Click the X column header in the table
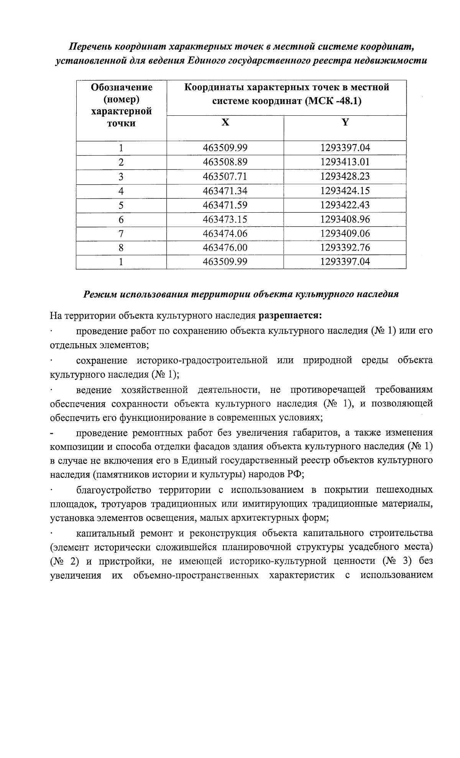pyautogui.click(x=225, y=122)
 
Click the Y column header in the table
pyautogui.click(x=345, y=122)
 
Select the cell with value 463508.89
pyautogui.click(x=225, y=162)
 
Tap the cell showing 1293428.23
pyautogui.click(x=345, y=176)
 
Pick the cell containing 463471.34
pyautogui.click(x=225, y=191)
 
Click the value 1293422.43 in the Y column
pyautogui.click(x=345, y=205)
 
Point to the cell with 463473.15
pyautogui.click(x=225, y=220)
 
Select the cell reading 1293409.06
pyautogui.click(x=345, y=233)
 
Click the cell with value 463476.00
pyautogui.click(x=225, y=248)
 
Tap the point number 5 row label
pyautogui.click(x=121, y=205)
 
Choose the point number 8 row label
pyautogui.click(x=121, y=248)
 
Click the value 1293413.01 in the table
pyautogui.click(x=345, y=162)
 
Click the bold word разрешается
pyautogui.click(x=290, y=316)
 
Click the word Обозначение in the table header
pyautogui.click(x=122, y=87)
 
